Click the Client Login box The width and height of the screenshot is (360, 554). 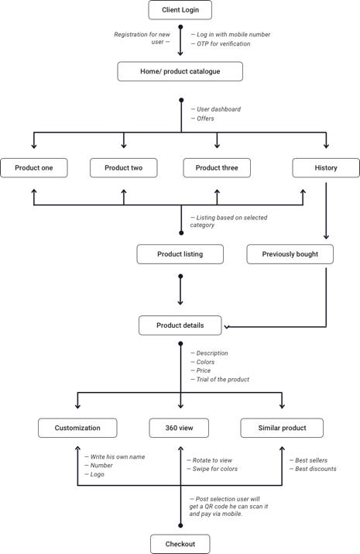[180, 10]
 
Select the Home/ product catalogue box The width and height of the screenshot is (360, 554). [180, 71]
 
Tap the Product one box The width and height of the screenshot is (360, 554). [34, 168]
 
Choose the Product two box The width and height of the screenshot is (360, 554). [124, 168]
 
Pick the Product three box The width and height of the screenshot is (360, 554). [217, 168]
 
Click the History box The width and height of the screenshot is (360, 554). [326, 168]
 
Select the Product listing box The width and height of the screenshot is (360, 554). [180, 254]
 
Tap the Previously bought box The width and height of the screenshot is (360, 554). [290, 254]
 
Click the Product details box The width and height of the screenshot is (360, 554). [180, 325]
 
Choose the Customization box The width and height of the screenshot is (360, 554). [77, 428]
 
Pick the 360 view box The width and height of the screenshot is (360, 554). [179, 428]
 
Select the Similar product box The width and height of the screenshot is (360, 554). [282, 428]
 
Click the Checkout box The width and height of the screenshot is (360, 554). [180, 544]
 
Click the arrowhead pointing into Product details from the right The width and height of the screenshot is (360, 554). [226, 327]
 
